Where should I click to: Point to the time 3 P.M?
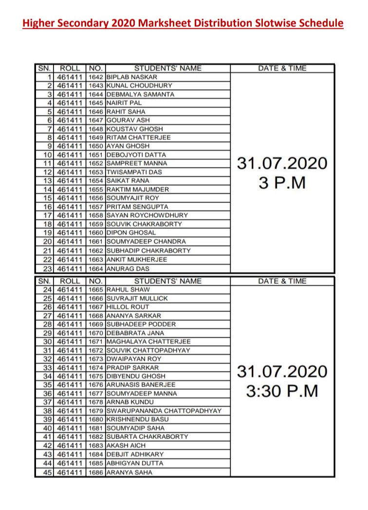(282, 184)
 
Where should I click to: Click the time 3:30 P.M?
(282, 391)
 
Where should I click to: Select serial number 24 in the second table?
(47, 290)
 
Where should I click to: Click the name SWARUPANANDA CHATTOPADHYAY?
(164, 411)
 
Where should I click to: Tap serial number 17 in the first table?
(47, 215)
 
